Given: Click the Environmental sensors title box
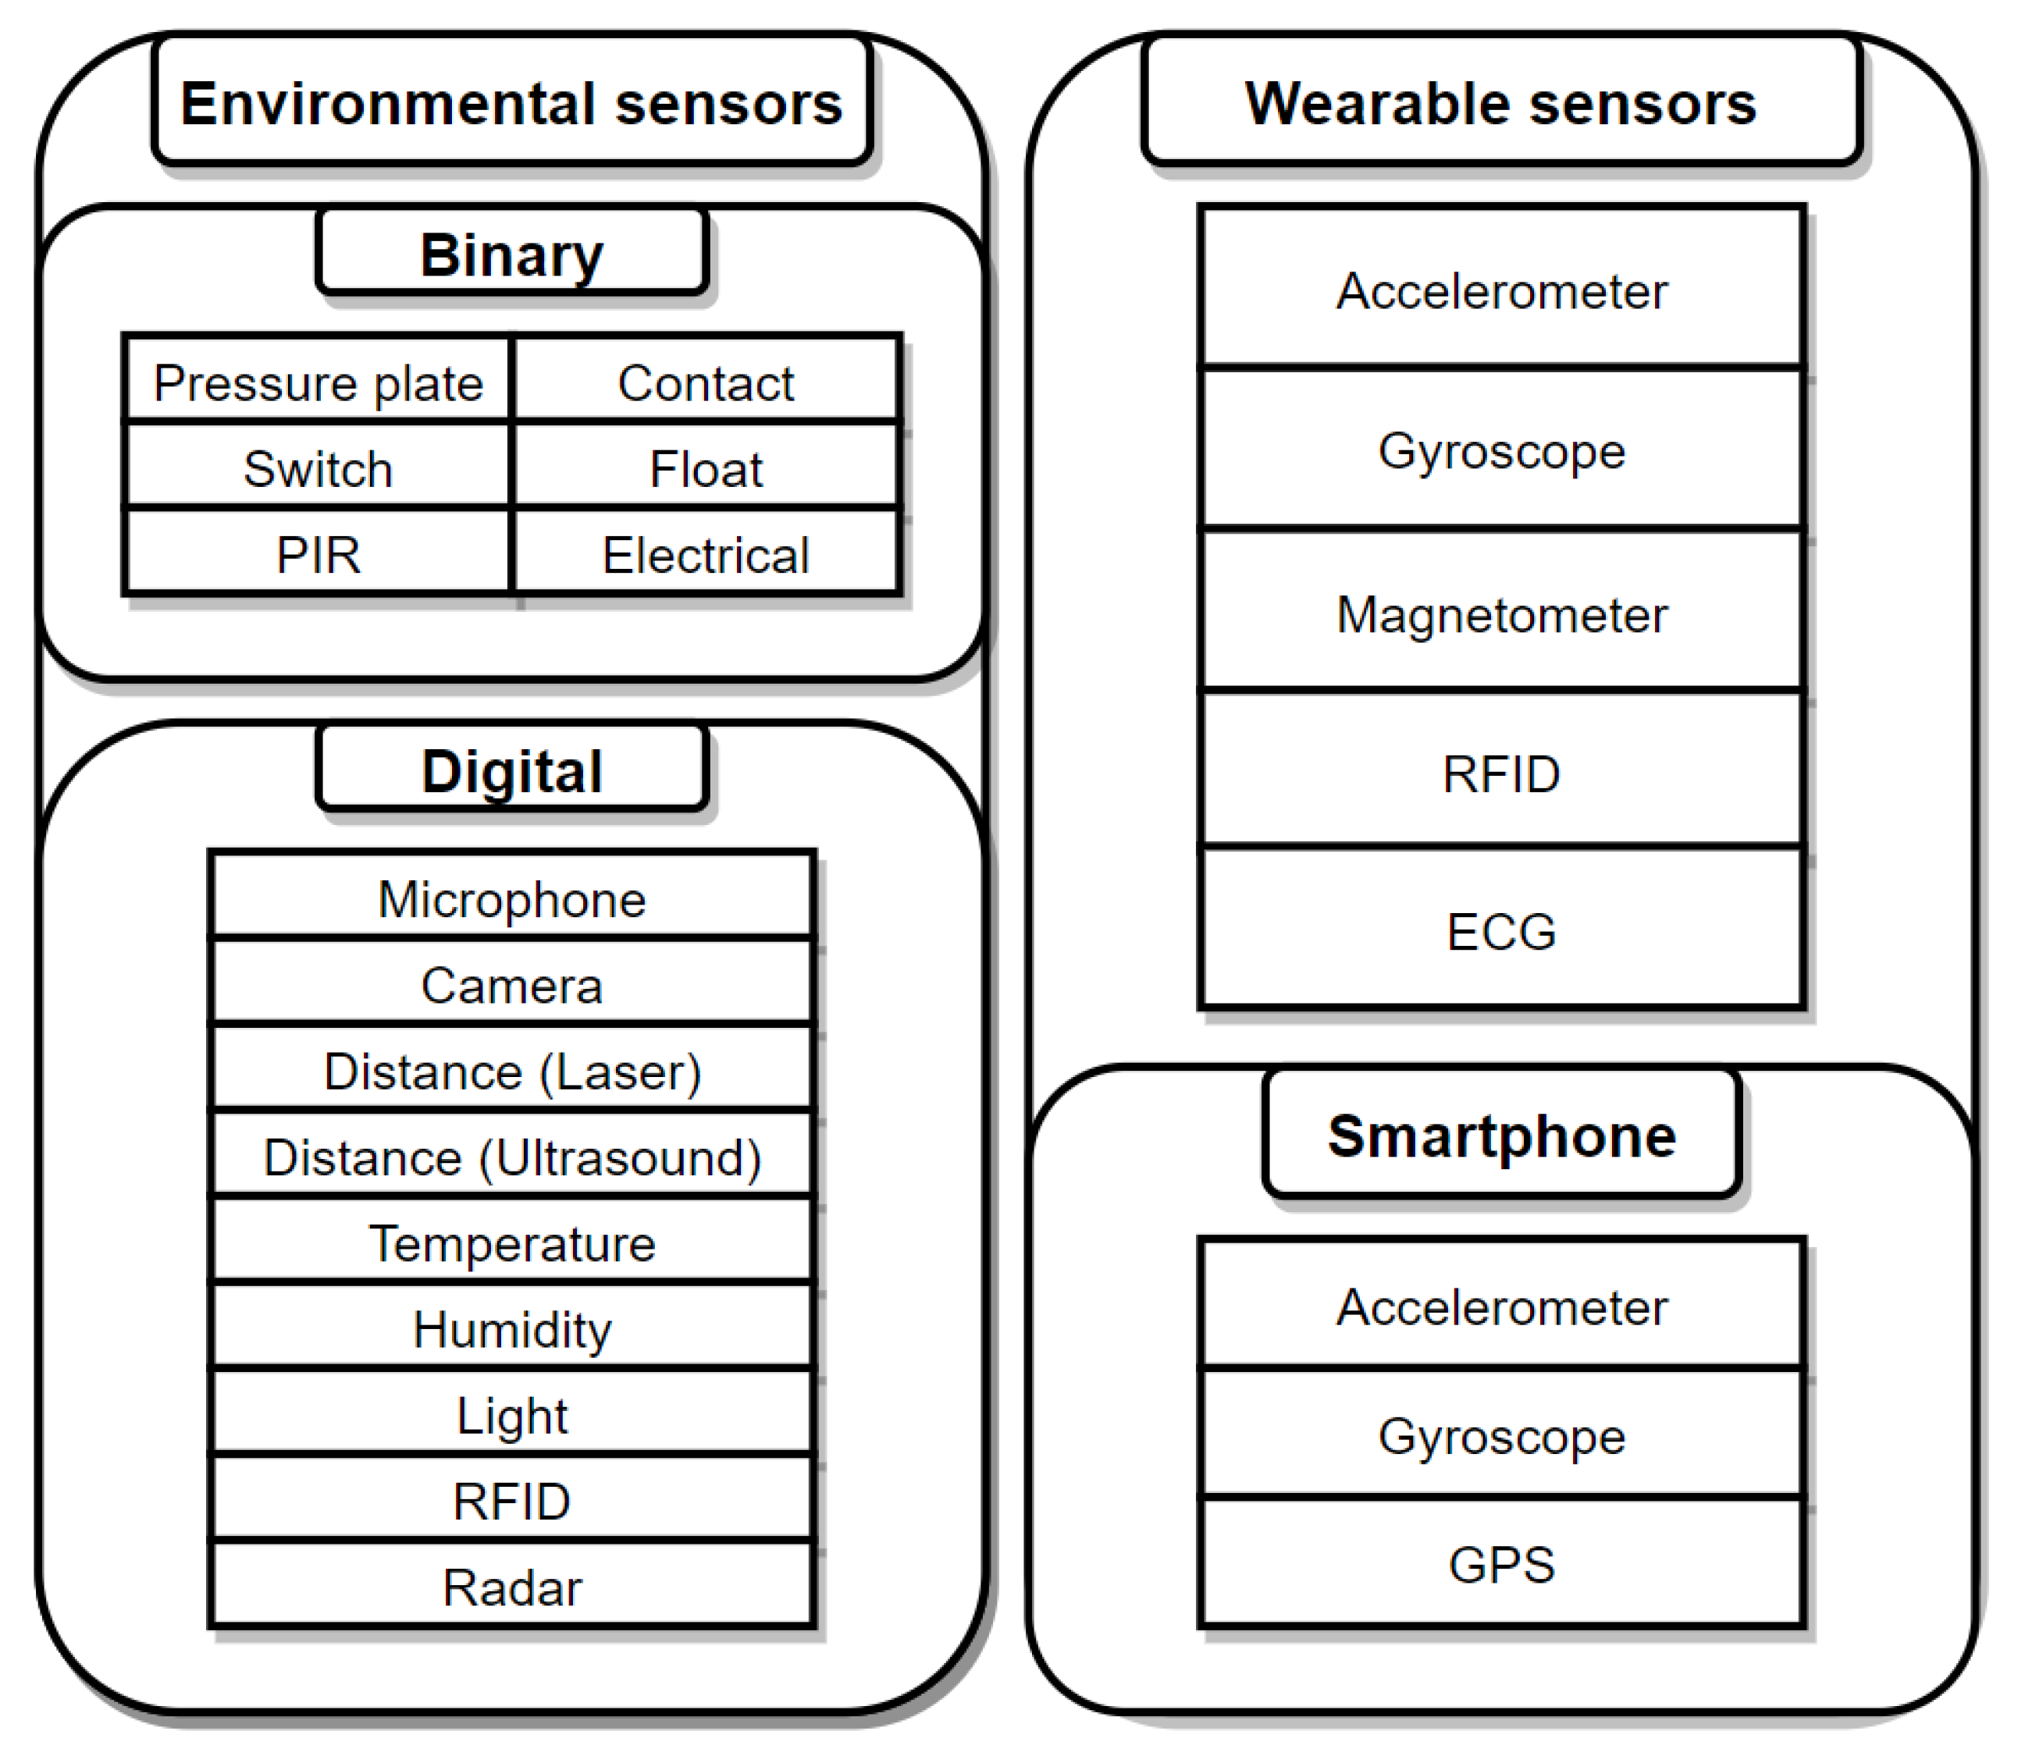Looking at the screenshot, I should pyautogui.click(x=511, y=101).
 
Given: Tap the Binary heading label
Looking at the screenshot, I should pyautogui.click(x=511, y=253).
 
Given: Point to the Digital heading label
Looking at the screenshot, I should pyautogui.click(x=511, y=770).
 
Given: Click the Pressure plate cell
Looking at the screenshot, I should pyautogui.click(x=318, y=381).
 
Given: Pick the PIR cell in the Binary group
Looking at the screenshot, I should pyautogui.click(x=318, y=553).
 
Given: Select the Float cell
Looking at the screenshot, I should pyautogui.click(x=705, y=467).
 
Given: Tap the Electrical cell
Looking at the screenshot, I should pyautogui.click(x=705, y=553).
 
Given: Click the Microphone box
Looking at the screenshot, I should pyautogui.click(x=511, y=898).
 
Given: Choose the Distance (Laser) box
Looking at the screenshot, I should pyautogui.click(x=511, y=1069).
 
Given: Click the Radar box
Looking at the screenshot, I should pyautogui.click(x=511, y=1586).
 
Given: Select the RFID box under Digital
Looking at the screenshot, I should pyautogui.click(x=511, y=1499).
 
